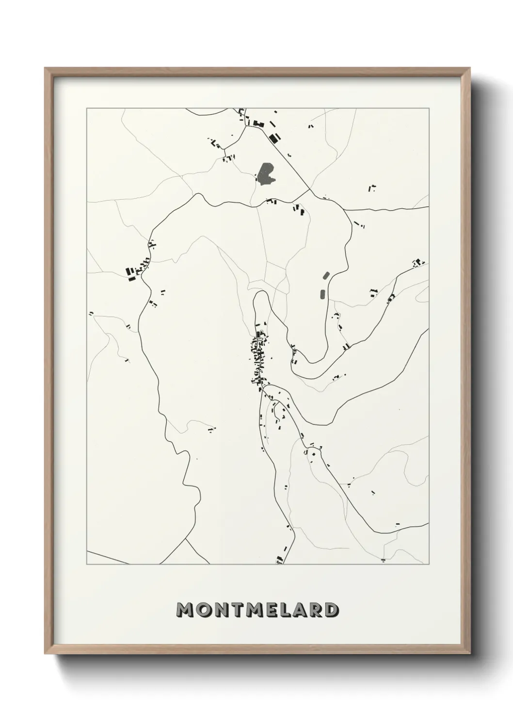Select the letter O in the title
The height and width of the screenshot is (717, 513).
(x=203, y=610)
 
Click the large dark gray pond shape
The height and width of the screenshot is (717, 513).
(x=265, y=174)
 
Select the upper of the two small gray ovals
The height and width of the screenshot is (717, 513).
(x=325, y=276)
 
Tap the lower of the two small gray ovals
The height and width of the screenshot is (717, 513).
(x=322, y=294)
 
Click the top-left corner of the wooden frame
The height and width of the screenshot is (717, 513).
(x=45, y=68)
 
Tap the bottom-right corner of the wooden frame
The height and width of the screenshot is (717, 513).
(x=470, y=652)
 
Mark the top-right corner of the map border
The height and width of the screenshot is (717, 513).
(x=429, y=109)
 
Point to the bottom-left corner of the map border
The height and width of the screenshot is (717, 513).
(x=87, y=564)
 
